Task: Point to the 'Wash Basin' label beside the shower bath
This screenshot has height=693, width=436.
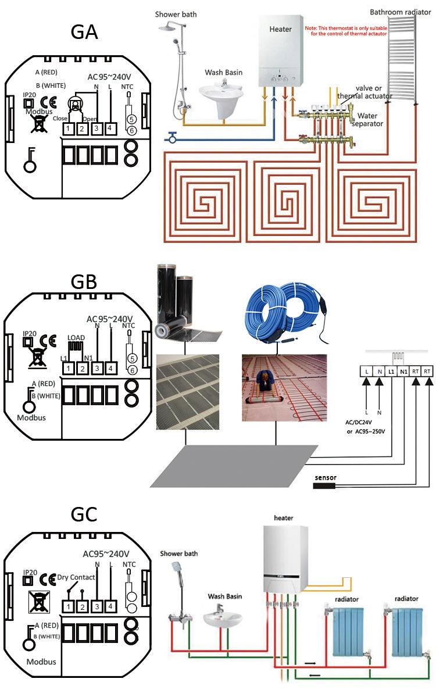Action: click(223, 73)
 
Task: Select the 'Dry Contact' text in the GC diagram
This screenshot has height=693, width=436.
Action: click(76, 577)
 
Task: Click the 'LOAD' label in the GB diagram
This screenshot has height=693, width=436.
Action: click(76, 337)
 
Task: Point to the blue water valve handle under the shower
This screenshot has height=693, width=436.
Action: click(172, 138)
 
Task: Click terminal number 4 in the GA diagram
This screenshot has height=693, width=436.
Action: click(109, 128)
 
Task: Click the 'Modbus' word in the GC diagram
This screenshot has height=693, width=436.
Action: click(41, 662)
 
